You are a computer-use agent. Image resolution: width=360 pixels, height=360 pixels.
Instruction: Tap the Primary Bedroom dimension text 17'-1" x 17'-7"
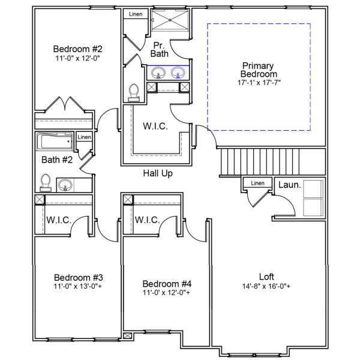point(259,82)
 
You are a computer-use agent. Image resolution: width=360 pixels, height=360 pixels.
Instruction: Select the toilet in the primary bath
point(134,91)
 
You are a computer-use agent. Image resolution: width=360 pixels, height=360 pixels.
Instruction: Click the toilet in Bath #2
point(46,181)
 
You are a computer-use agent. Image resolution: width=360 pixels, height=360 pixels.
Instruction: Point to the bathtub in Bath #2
point(55,142)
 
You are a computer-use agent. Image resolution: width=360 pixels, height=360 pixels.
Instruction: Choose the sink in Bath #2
point(65,184)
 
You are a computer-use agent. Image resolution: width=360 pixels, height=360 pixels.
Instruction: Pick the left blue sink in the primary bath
point(158,73)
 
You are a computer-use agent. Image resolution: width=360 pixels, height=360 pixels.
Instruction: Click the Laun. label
point(289,185)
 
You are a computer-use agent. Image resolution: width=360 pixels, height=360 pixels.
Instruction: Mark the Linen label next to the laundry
point(257,183)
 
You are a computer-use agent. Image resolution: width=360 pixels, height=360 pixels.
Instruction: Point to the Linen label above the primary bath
point(135,14)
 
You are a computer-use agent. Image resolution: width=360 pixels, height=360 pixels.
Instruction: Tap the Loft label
point(266,277)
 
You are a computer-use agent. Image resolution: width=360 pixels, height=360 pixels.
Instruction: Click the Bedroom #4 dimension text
point(166,293)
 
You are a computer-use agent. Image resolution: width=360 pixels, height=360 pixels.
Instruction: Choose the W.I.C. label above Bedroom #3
point(59,220)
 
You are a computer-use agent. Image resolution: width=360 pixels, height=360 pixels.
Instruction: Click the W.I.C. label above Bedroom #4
point(147,220)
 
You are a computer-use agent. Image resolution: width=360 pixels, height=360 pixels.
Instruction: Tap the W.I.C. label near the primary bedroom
point(155,127)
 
